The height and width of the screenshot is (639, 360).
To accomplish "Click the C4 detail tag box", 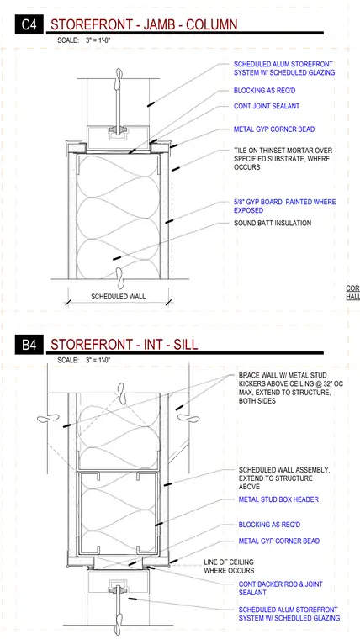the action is (29, 24).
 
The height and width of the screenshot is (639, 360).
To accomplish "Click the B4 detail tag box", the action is (29, 345).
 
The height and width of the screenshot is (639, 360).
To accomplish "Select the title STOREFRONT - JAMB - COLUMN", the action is (144, 25).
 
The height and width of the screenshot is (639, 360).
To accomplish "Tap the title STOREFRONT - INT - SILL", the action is (124, 345).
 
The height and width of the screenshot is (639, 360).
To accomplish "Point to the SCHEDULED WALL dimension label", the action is (118, 296).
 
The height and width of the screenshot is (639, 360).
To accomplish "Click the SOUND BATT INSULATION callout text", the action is (273, 223).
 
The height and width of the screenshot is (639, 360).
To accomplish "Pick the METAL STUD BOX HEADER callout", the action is (278, 499).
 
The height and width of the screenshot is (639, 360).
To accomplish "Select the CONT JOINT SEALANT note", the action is (267, 106).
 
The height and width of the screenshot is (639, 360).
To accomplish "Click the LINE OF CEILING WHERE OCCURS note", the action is (229, 567).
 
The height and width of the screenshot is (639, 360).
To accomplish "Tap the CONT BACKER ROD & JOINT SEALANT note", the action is (280, 588).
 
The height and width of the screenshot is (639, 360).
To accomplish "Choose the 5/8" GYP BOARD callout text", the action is (284, 206).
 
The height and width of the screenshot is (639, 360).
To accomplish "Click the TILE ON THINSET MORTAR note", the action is (283, 159).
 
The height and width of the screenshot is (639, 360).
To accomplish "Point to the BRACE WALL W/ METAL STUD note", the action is (291, 388).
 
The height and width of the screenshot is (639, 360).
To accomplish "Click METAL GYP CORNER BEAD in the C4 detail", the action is (274, 129).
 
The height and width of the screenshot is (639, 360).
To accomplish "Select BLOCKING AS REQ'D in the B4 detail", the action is (269, 525).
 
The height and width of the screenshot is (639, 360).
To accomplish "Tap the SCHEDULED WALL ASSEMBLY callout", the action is (284, 478).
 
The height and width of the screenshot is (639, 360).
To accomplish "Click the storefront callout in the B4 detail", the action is (289, 614).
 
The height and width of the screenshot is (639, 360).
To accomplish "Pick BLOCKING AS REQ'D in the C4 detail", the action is (264, 91).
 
